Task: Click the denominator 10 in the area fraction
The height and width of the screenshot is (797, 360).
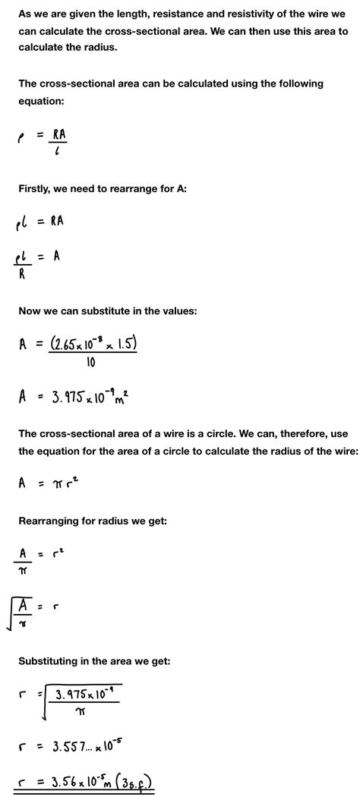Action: pyautogui.click(x=92, y=364)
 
